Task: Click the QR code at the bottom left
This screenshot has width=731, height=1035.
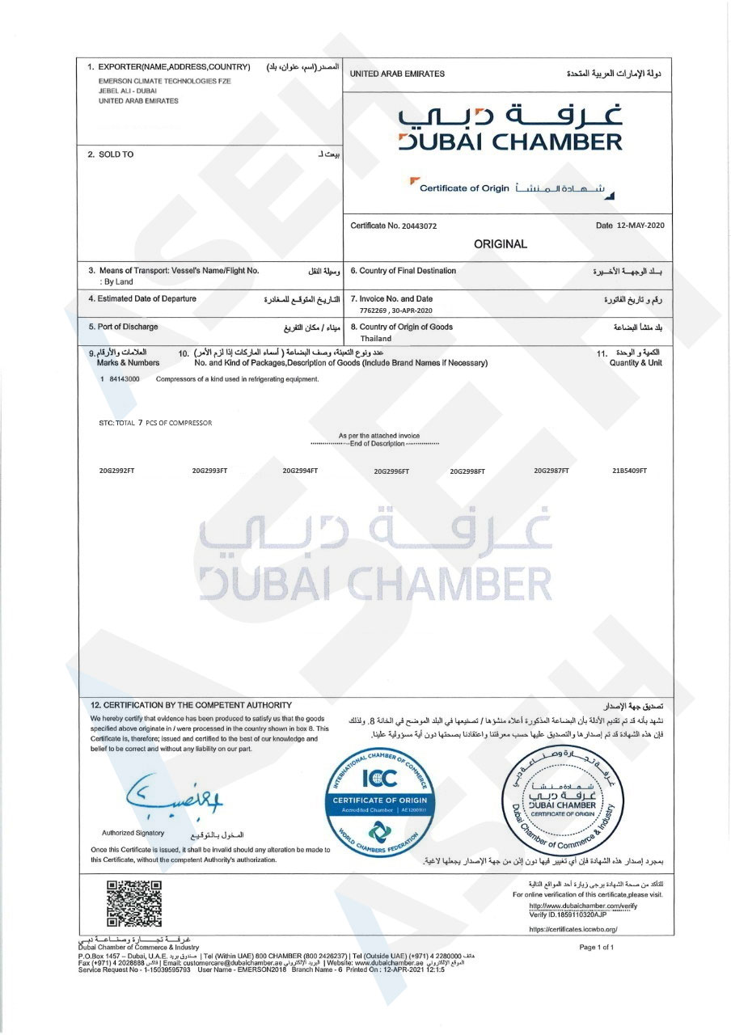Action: click(134, 902)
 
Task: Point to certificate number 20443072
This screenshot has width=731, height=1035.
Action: click(417, 226)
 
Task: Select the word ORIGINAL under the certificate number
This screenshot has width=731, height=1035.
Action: click(501, 243)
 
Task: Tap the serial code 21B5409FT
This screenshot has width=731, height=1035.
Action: click(630, 470)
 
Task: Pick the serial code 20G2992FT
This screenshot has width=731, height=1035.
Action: click(116, 470)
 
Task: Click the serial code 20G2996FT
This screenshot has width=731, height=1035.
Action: click(391, 471)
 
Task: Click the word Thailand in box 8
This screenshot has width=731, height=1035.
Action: click(376, 339)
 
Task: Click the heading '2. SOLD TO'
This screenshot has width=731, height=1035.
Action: click(111, 154)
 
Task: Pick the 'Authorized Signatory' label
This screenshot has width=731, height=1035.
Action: click(133, 833)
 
